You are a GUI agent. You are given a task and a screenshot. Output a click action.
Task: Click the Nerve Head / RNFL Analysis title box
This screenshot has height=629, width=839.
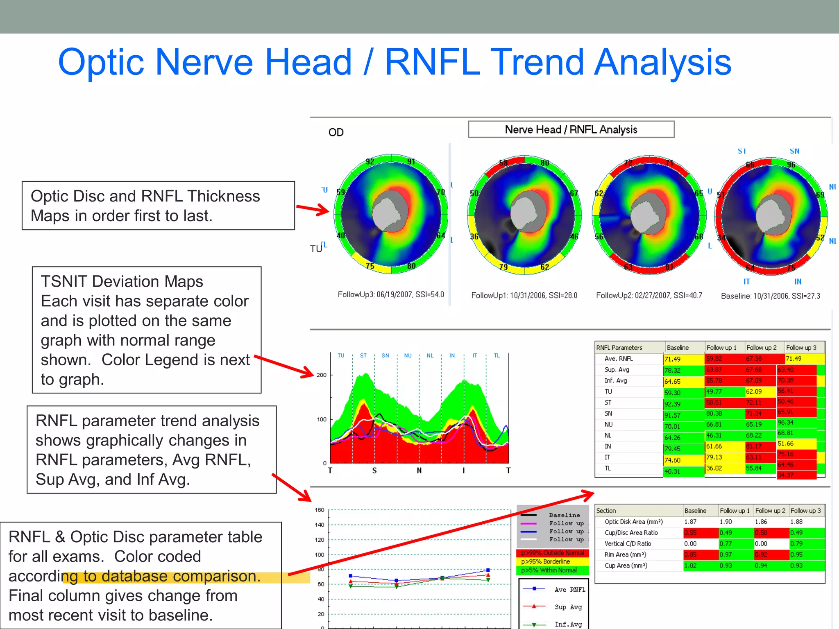click(x=571, y=129)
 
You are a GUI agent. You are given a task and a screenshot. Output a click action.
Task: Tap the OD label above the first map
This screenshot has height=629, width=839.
click(x=336, y=132)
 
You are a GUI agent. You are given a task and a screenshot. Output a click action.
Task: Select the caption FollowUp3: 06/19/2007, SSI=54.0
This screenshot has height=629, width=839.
click(x=390, y=294)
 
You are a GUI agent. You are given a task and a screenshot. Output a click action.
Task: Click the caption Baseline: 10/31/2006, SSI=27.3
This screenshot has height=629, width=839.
click(x=770, y=296)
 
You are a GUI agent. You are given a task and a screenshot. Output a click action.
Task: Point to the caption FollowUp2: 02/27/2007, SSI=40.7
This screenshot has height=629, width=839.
click(x=649, y=295)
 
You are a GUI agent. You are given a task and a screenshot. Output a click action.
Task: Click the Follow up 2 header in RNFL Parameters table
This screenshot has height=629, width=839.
click(x=761, y=348)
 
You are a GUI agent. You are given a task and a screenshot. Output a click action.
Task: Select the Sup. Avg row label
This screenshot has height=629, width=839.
click(x=617, y=370)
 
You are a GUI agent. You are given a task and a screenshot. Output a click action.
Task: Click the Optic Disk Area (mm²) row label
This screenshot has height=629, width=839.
click(x=633, y=522)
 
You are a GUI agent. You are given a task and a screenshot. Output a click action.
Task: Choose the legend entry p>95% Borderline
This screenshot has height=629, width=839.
click(x=545, y=561)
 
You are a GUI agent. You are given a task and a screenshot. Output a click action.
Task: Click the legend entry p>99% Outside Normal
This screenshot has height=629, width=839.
click(x=552, y=553)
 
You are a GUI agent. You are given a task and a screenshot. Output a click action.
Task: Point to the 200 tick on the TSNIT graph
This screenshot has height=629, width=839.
click(x=321, y=375)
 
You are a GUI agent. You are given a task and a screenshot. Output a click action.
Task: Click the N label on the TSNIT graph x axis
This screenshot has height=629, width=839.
click(x=419, y=471)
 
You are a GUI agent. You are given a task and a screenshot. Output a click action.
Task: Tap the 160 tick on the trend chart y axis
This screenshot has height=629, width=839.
click(x=320, y=510)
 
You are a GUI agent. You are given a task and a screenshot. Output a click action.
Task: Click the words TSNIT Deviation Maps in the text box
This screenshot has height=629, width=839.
click(x=122, y=281)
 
